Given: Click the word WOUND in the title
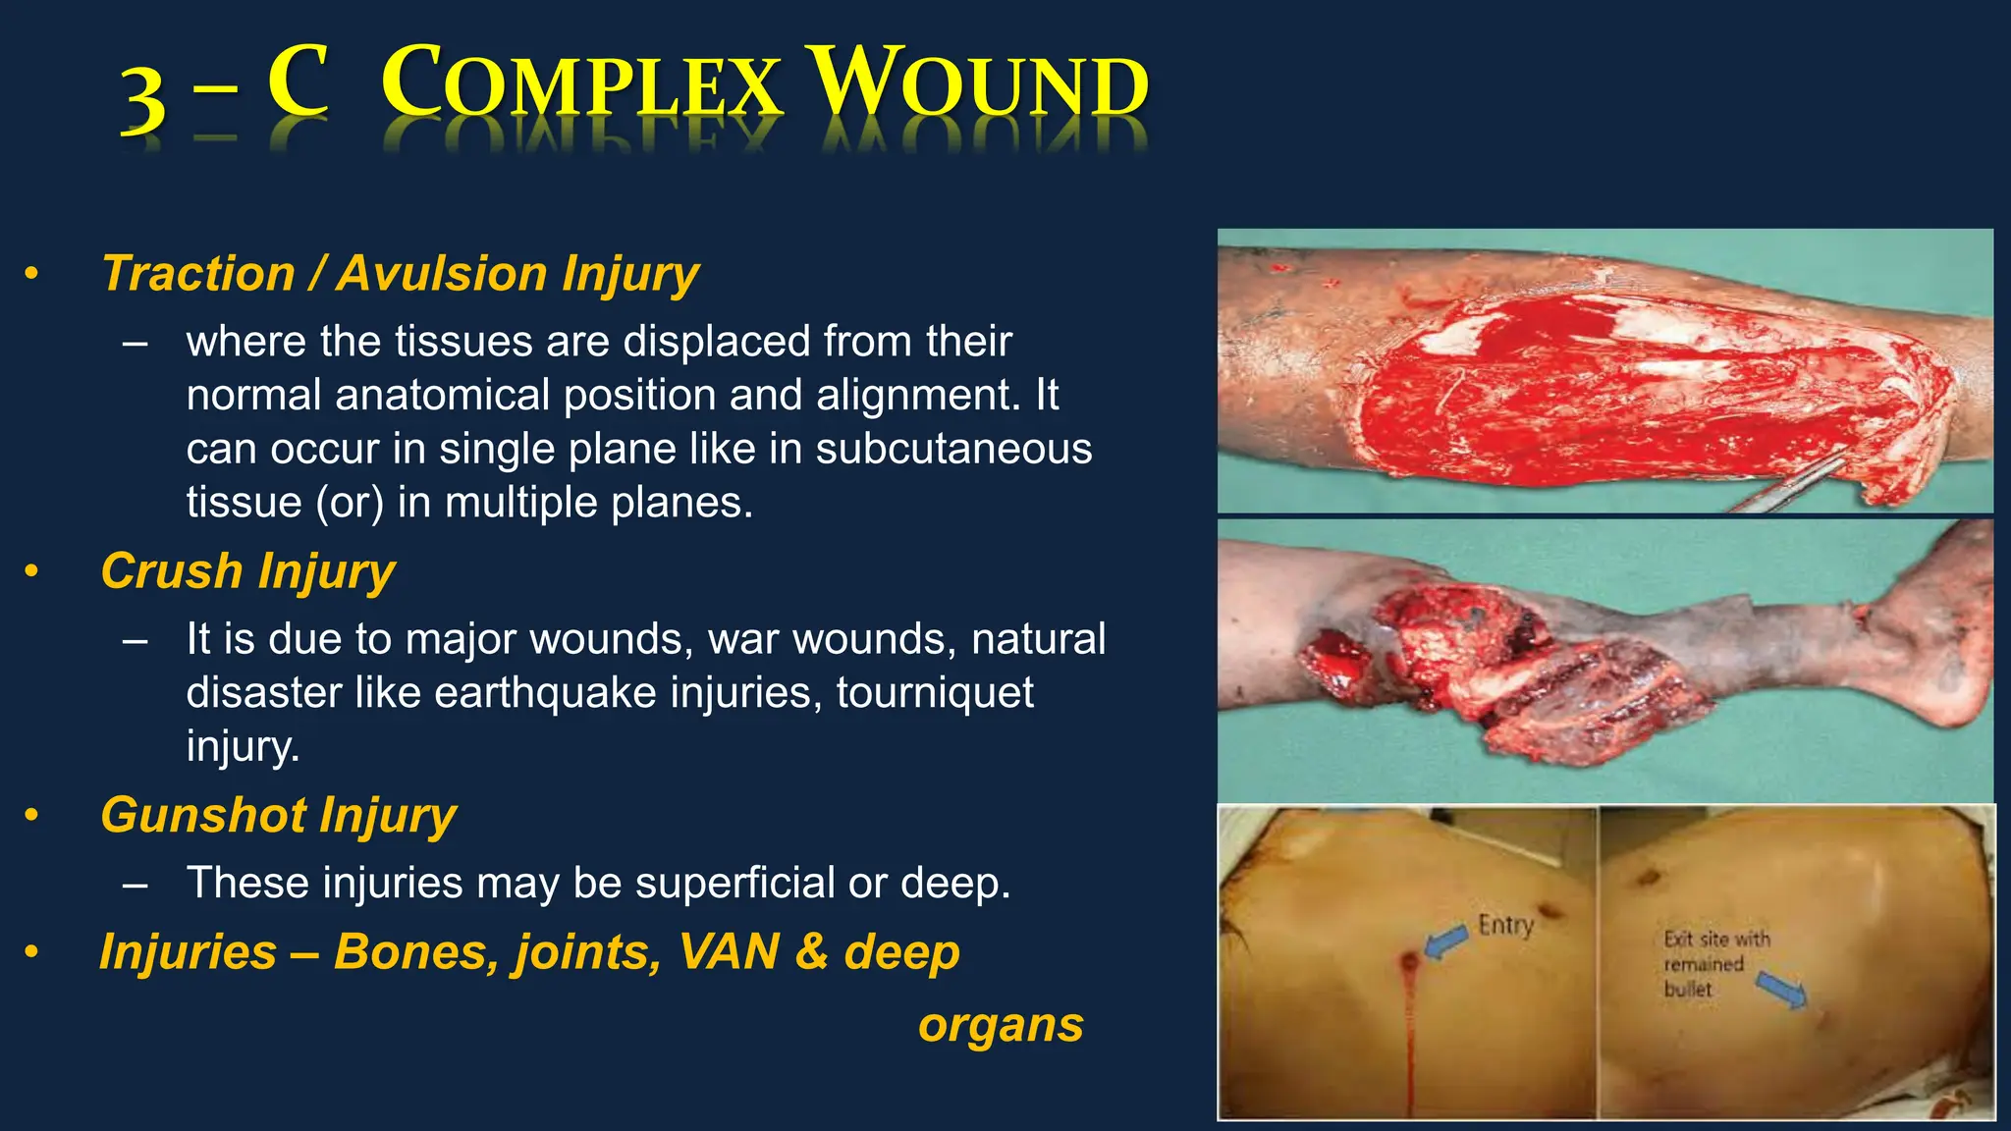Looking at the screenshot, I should [982, 86].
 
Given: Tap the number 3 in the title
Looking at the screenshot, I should [143, 102].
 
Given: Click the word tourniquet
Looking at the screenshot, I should [935, 693].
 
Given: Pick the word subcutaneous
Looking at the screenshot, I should [953, 450].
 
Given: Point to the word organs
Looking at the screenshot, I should [1001, 1026].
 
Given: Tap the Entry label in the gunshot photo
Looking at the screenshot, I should [1505, 925].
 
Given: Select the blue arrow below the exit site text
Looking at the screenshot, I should [1781, 989].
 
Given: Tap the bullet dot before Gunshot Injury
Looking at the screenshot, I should [32, 815].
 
